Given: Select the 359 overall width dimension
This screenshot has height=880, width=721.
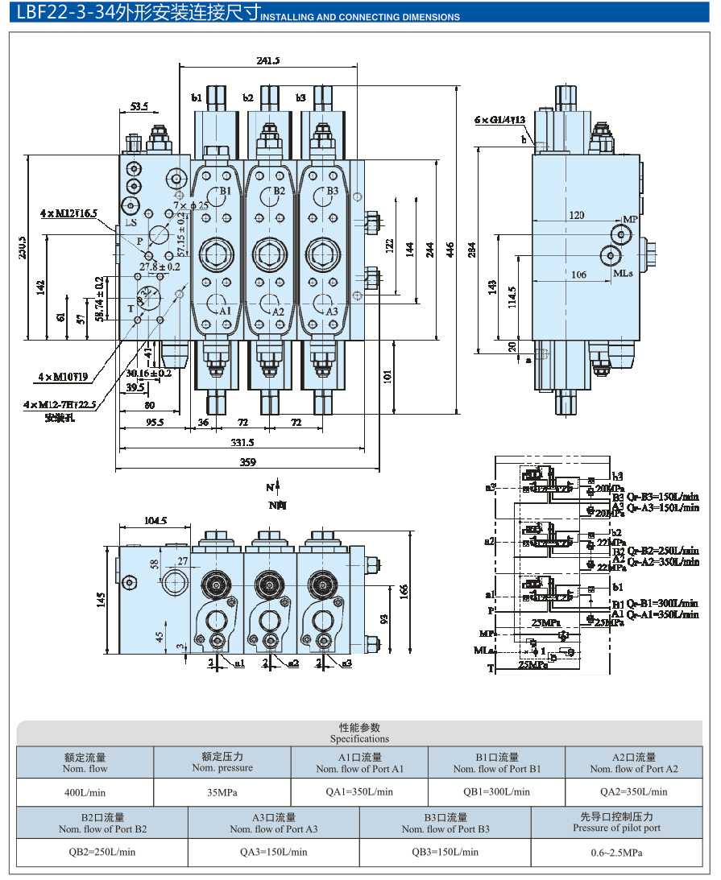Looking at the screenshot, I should [x=248, y=462].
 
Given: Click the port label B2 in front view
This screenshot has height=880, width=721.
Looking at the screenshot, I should [x=279, y=191].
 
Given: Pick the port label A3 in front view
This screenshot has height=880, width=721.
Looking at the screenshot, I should [x=331, y=312].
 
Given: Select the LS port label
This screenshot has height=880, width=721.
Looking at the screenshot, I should [x=131, y=221].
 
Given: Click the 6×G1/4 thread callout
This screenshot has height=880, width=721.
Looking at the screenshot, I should [x=499, y=120].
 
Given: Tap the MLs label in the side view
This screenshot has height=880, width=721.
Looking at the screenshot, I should [x=624, y=273].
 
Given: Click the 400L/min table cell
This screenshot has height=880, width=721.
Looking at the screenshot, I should [x=85, y=791].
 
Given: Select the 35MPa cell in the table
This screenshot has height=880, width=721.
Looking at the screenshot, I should [x=222, y=791].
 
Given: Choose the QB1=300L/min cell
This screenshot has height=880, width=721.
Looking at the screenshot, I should [x=497, y=791].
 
